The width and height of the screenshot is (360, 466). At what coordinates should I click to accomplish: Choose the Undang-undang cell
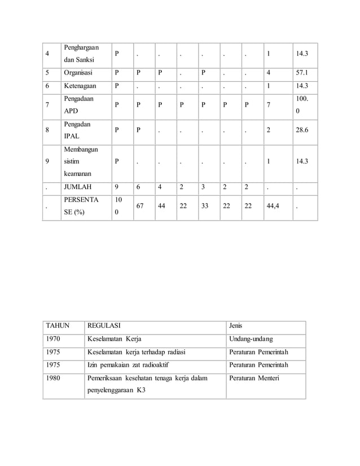click(251, 339)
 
